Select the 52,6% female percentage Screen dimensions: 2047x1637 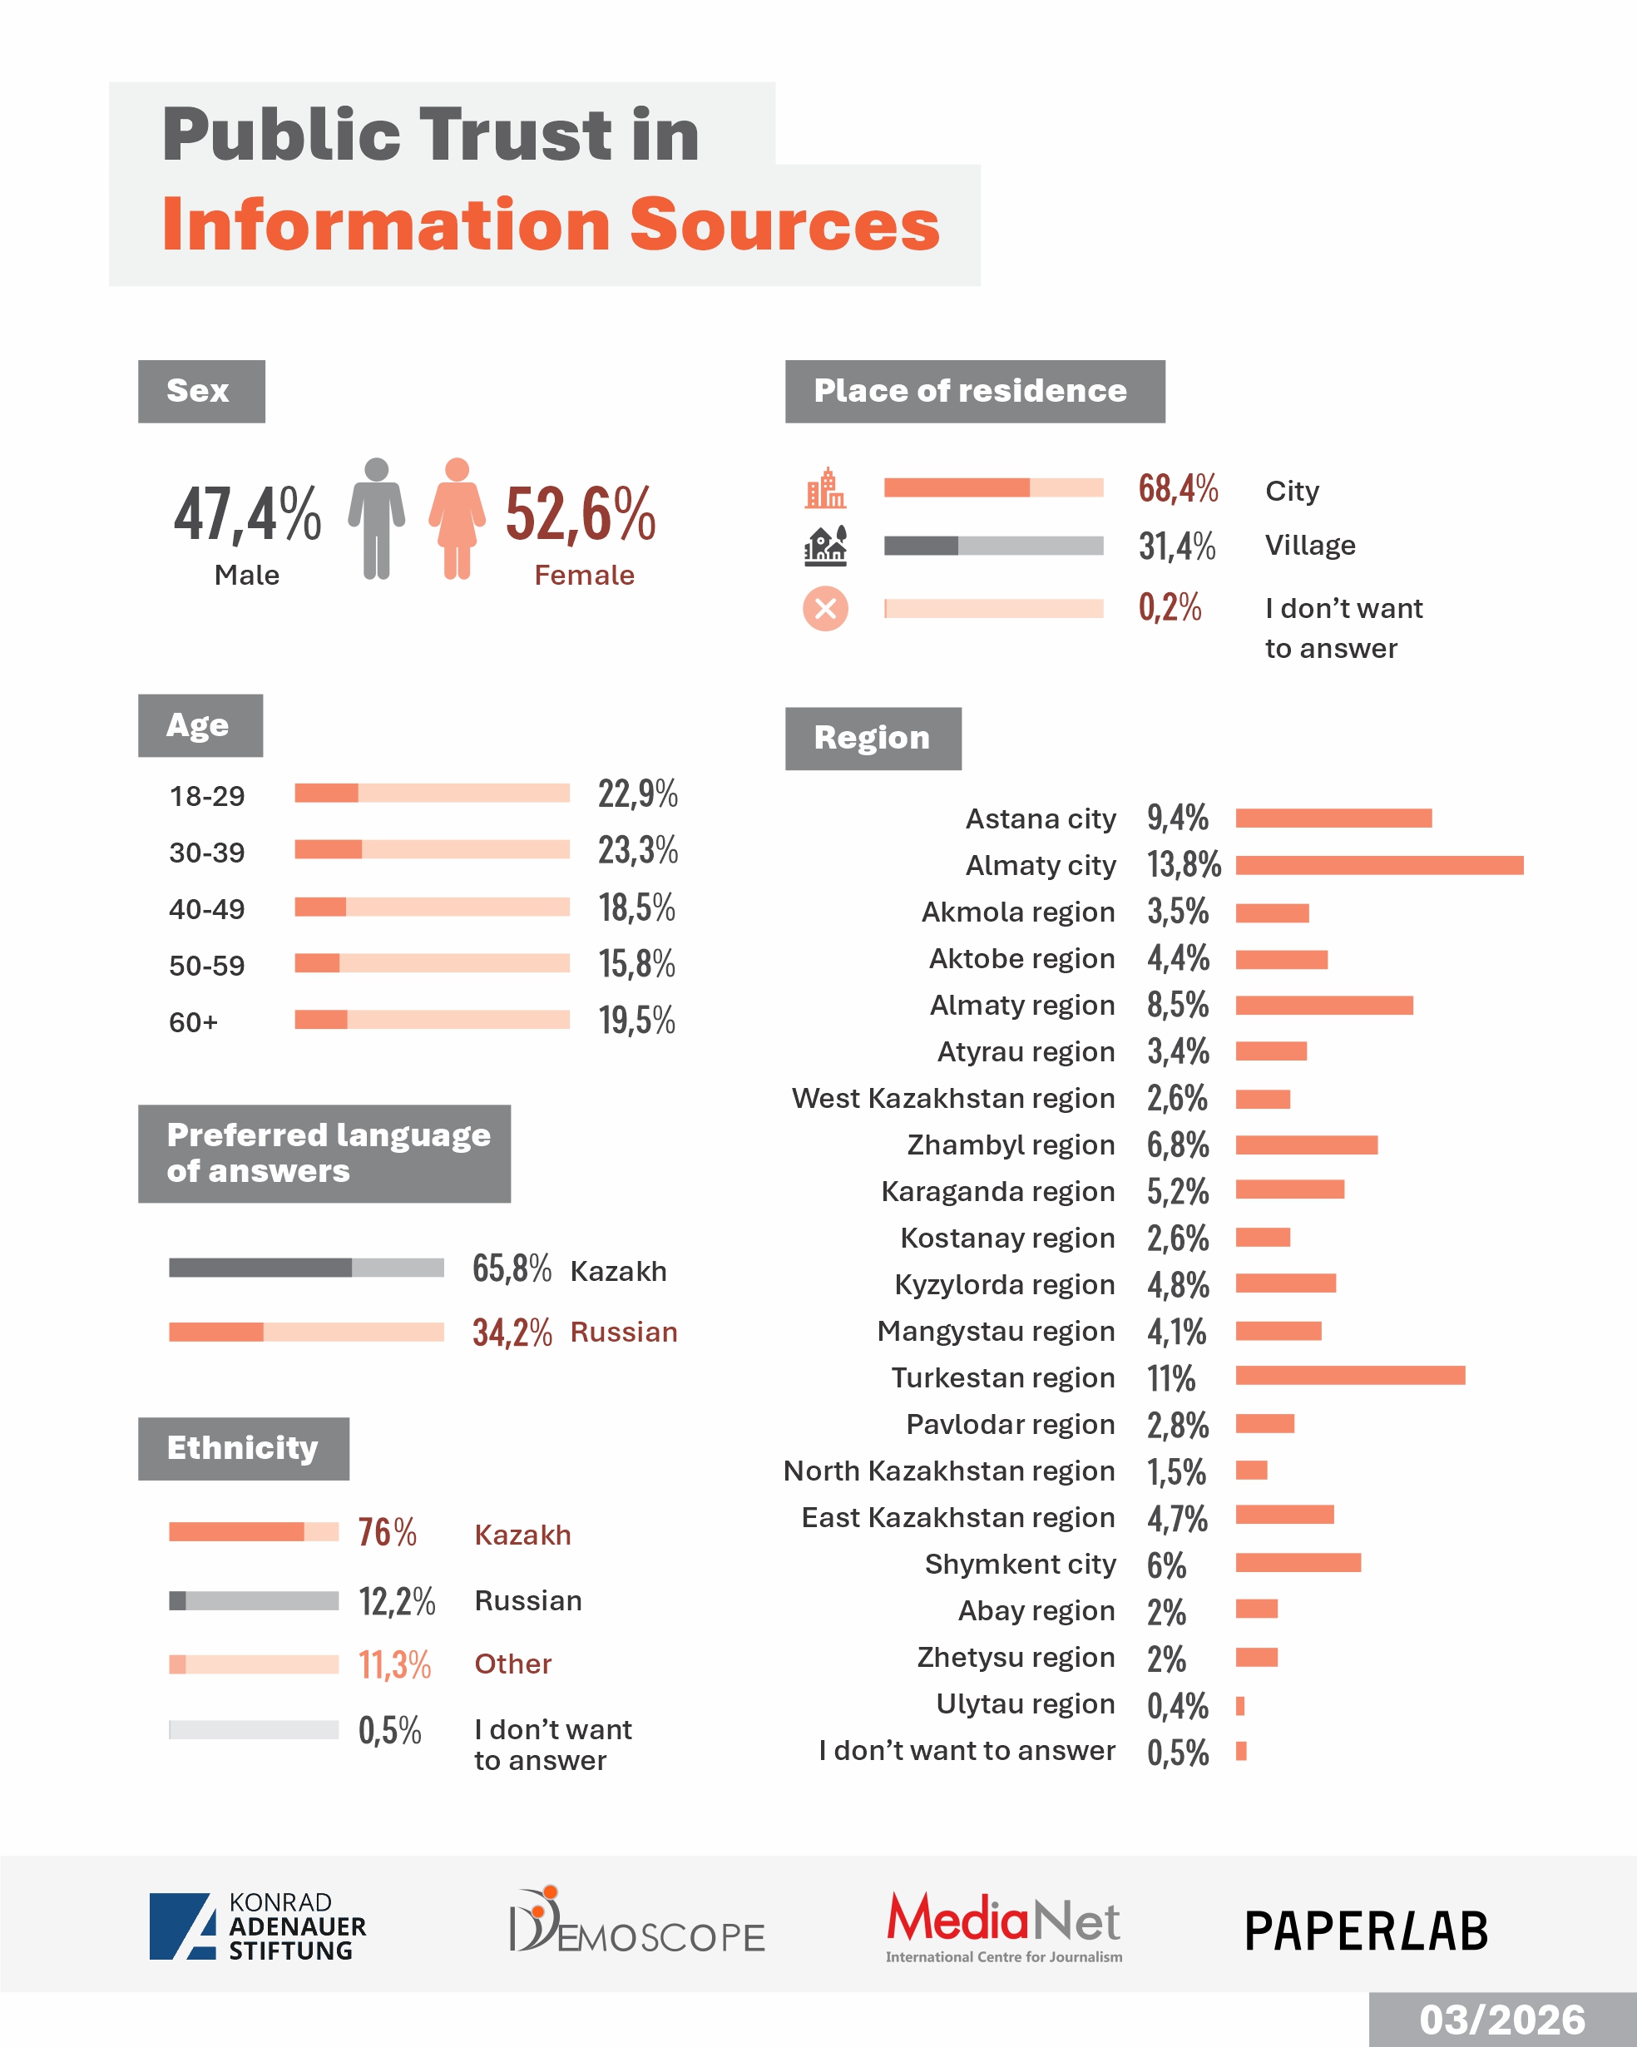(x=580, y=514)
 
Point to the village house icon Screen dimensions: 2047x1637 (x=825, y=546)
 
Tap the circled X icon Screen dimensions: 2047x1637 (x=825, y=609)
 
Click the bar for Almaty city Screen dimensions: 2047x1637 (x=1379, y=865)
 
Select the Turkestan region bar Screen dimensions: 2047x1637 (x=1349, y=1376)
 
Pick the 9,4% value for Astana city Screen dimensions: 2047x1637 (x=1177, y=818)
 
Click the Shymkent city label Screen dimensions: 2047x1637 (x=1020, y=1564)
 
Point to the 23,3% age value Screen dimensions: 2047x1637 (x=637, y=850)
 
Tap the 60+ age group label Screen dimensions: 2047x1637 (x=194, y=1022)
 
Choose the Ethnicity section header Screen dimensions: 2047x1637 (x=243, y=1448)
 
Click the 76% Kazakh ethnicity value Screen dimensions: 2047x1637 (x=388, y=1532)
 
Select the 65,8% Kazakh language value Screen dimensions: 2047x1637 (x=512, y=1268)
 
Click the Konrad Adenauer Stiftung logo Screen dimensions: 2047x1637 (x=257, y=1926)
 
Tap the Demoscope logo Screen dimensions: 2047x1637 (x=636, y=1921)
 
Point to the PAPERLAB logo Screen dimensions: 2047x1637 (x=1366, y=1931)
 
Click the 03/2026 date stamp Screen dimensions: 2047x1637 (x=1502, y=2020)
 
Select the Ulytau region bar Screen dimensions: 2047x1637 (x=1240, y=1706)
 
